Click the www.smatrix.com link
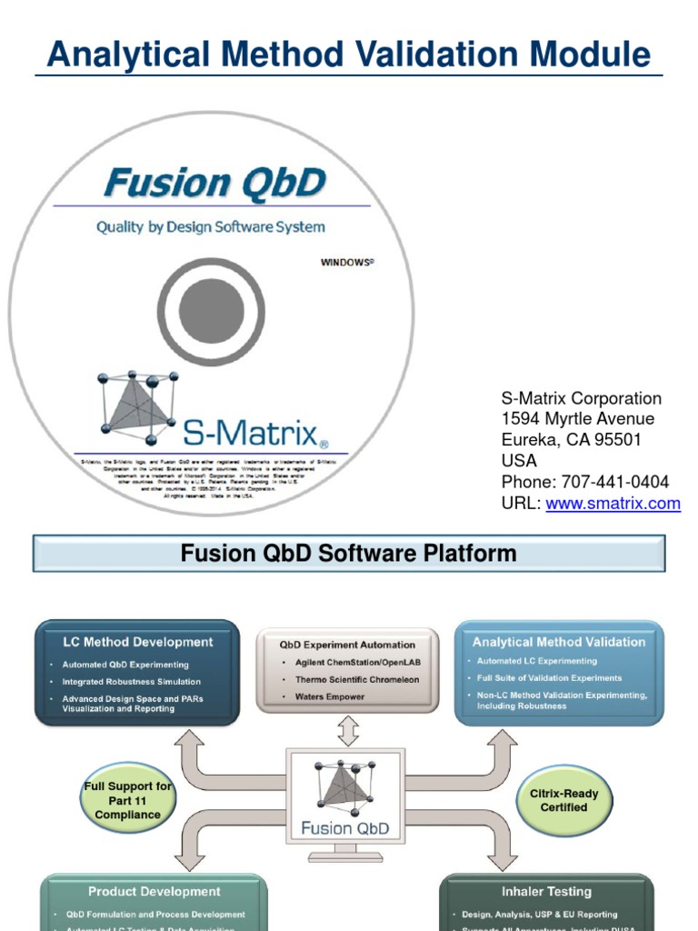tap(613, 503)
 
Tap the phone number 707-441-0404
tap(611, 482)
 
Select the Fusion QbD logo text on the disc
tap(214, 183)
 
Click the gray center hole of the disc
tap(212, 311)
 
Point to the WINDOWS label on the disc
tap(347, 262)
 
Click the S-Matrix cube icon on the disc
tap(137, 404)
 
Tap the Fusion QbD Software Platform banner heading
tap(348, 553)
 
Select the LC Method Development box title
tap(137, 642)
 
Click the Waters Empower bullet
tap(330, 696)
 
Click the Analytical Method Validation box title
tap(558, 642)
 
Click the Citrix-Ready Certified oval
tap(563, 800)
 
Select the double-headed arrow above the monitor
tap(349, 730)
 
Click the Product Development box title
tap(154, 892)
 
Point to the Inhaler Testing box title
tap(545, 892)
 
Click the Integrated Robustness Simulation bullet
tap(132, 681)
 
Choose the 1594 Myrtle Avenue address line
tap(577, 419)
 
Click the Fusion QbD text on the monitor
tap(345, 827)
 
